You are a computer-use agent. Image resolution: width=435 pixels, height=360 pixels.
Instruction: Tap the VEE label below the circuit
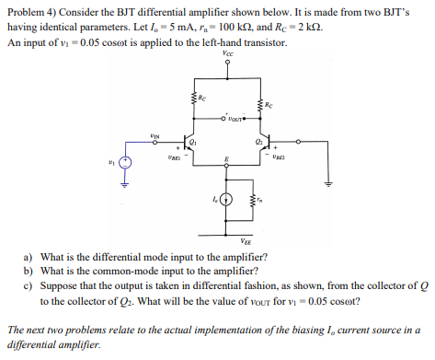pyautogui.click(x=228, y=238)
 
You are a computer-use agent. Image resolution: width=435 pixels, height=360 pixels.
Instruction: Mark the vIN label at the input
pyautogui.click(x=155, y=135)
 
